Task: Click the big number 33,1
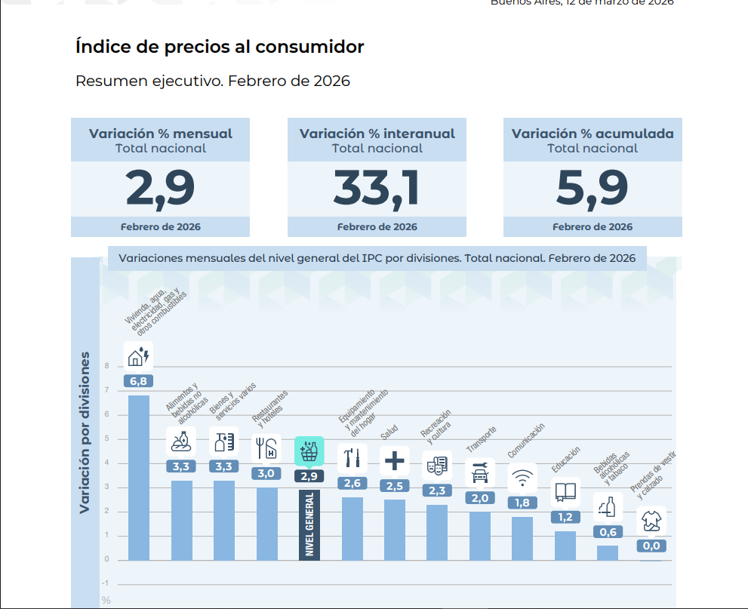coord(376,189)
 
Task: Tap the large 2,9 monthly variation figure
coord(160,189)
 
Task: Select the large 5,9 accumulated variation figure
coord(592,189)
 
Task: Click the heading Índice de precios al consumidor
coord(220,48)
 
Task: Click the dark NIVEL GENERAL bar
coord(309,524)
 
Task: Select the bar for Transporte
coord(479,536)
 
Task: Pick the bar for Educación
coord(565,546)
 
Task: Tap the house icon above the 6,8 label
coord(138,356)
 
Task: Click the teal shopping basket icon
coord(309,452)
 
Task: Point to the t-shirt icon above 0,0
coord(651,521)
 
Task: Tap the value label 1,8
coord(522,503)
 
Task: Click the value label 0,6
coord(608,532)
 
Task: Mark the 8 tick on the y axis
coord(106,366)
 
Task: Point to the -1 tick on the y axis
coord(105,583)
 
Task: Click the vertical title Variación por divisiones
coord(85,432)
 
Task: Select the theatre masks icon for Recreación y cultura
coord(437,466)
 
